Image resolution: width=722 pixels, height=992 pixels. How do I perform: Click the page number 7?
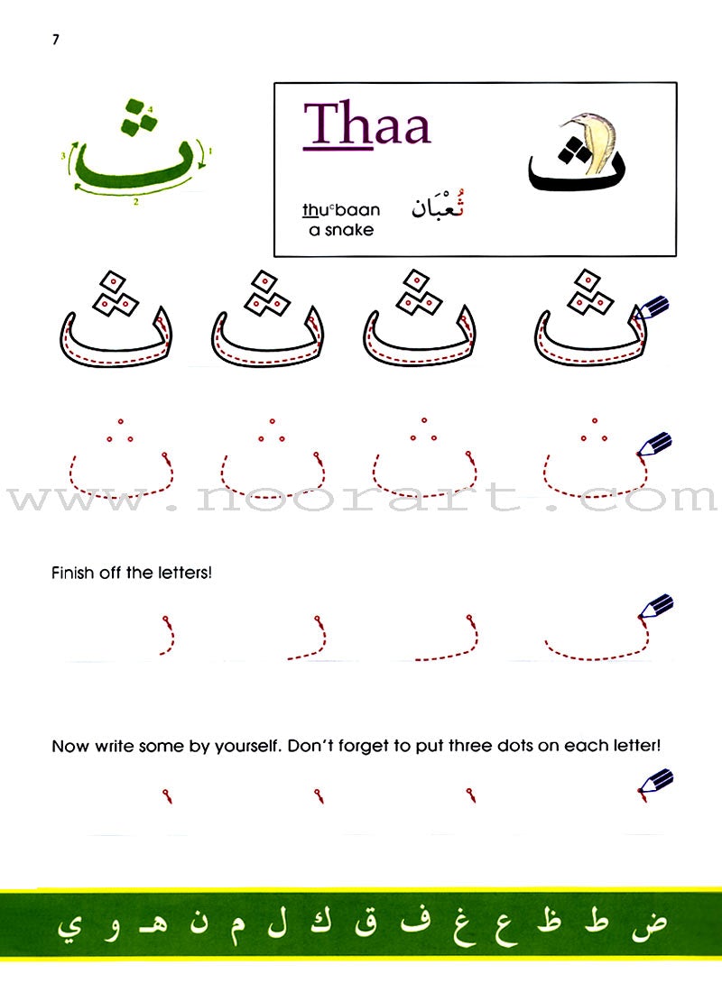(56, 39)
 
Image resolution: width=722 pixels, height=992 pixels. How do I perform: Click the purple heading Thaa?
(367, 124)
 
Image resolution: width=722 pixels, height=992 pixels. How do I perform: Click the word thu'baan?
(341, 209)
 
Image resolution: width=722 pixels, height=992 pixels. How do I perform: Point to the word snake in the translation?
(349, 230)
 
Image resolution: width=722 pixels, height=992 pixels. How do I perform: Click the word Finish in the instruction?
(73, 573)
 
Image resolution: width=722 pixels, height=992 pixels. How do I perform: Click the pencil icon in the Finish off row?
(655, 607)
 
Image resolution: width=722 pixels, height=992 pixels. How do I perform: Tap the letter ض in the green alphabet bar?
(649, 923)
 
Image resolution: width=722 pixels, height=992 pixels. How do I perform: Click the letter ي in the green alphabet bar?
(69, 927)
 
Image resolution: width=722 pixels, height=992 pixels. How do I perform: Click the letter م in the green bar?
(237, 927)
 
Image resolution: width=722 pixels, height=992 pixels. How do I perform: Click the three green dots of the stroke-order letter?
(139, 117)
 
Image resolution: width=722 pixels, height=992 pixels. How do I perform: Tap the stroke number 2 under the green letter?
(135, 202)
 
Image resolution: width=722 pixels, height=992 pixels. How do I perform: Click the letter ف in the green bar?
(416, 921)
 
